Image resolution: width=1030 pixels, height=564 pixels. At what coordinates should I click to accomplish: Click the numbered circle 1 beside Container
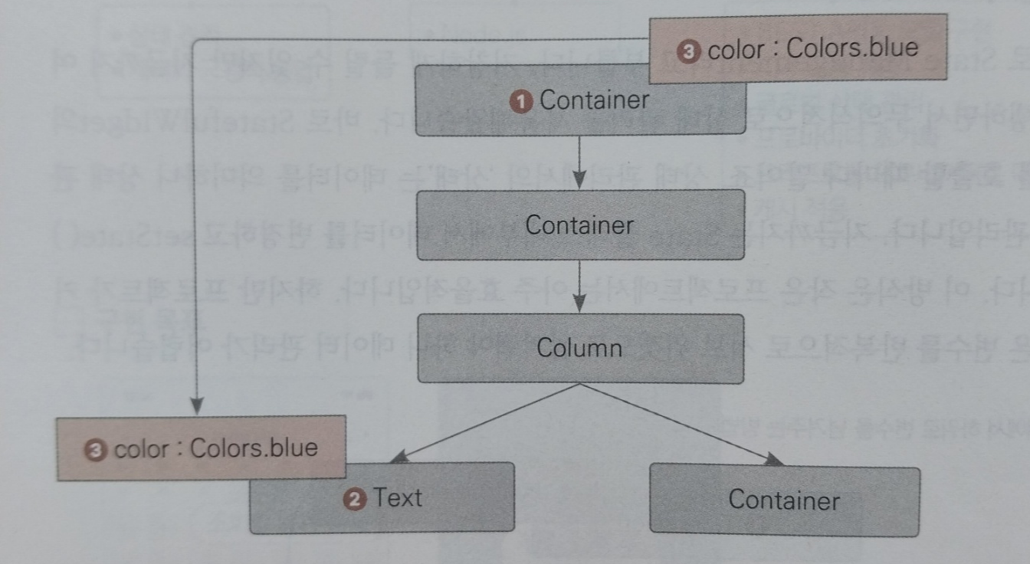click(x=523, y=101)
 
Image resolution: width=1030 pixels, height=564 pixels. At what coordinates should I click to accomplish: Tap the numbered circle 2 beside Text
click(x=354, y=500)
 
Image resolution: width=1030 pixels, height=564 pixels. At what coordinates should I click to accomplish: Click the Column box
click(x=579, y=349)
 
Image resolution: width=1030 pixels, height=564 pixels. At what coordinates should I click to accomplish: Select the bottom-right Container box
click(x=783, y=500)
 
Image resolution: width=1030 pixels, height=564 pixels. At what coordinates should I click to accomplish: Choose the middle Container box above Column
click(x=579, y=225)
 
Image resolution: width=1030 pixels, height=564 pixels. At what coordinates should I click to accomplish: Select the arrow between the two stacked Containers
click(x=579, y=162)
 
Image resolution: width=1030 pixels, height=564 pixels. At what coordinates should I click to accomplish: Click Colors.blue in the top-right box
click(x=851, y=48)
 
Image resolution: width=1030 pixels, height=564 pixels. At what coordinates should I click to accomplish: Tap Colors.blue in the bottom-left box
click(x=253, y=447)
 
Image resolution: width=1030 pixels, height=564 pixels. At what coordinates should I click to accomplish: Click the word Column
click(x=579, y=348)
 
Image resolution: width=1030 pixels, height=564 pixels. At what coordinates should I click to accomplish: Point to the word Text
click(x=397, y=498)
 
